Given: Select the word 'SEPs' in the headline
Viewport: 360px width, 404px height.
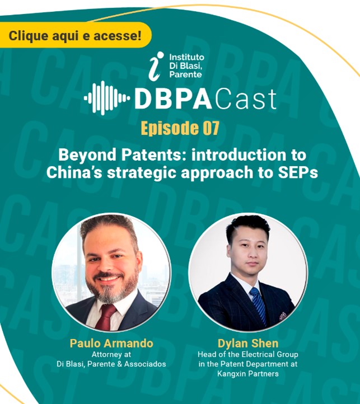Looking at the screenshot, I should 298,172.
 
